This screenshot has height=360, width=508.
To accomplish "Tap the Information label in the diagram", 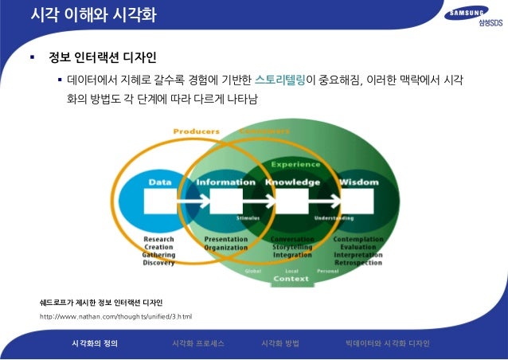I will coord(226,182).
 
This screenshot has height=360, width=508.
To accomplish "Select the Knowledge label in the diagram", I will coord(292,182).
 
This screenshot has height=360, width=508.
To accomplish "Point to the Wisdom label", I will coord(354,182).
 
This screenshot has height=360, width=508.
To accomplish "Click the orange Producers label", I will coord(197,131).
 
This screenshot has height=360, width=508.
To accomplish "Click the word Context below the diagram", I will coord(291,279).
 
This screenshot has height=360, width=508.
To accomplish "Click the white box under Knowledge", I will coord(292,202).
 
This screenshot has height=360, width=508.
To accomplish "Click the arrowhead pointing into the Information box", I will coord(205,202).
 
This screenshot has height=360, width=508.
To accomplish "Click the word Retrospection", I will coord(358,261).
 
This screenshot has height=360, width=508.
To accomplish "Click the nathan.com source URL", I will coord(115,316).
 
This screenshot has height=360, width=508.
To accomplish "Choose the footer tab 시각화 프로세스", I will coord(197,343).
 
